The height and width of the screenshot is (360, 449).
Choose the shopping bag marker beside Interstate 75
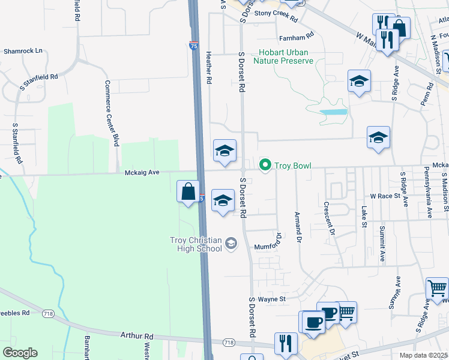pos(188,192)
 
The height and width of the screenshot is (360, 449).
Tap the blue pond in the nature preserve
pos(333,112)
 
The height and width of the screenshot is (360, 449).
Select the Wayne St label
pos(272,299)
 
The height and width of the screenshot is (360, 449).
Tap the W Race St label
pos(385,196)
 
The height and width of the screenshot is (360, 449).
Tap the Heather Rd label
pos(209,67)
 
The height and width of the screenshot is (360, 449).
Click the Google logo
pos(20,353)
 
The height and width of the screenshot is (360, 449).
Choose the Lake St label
pos(364,217)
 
